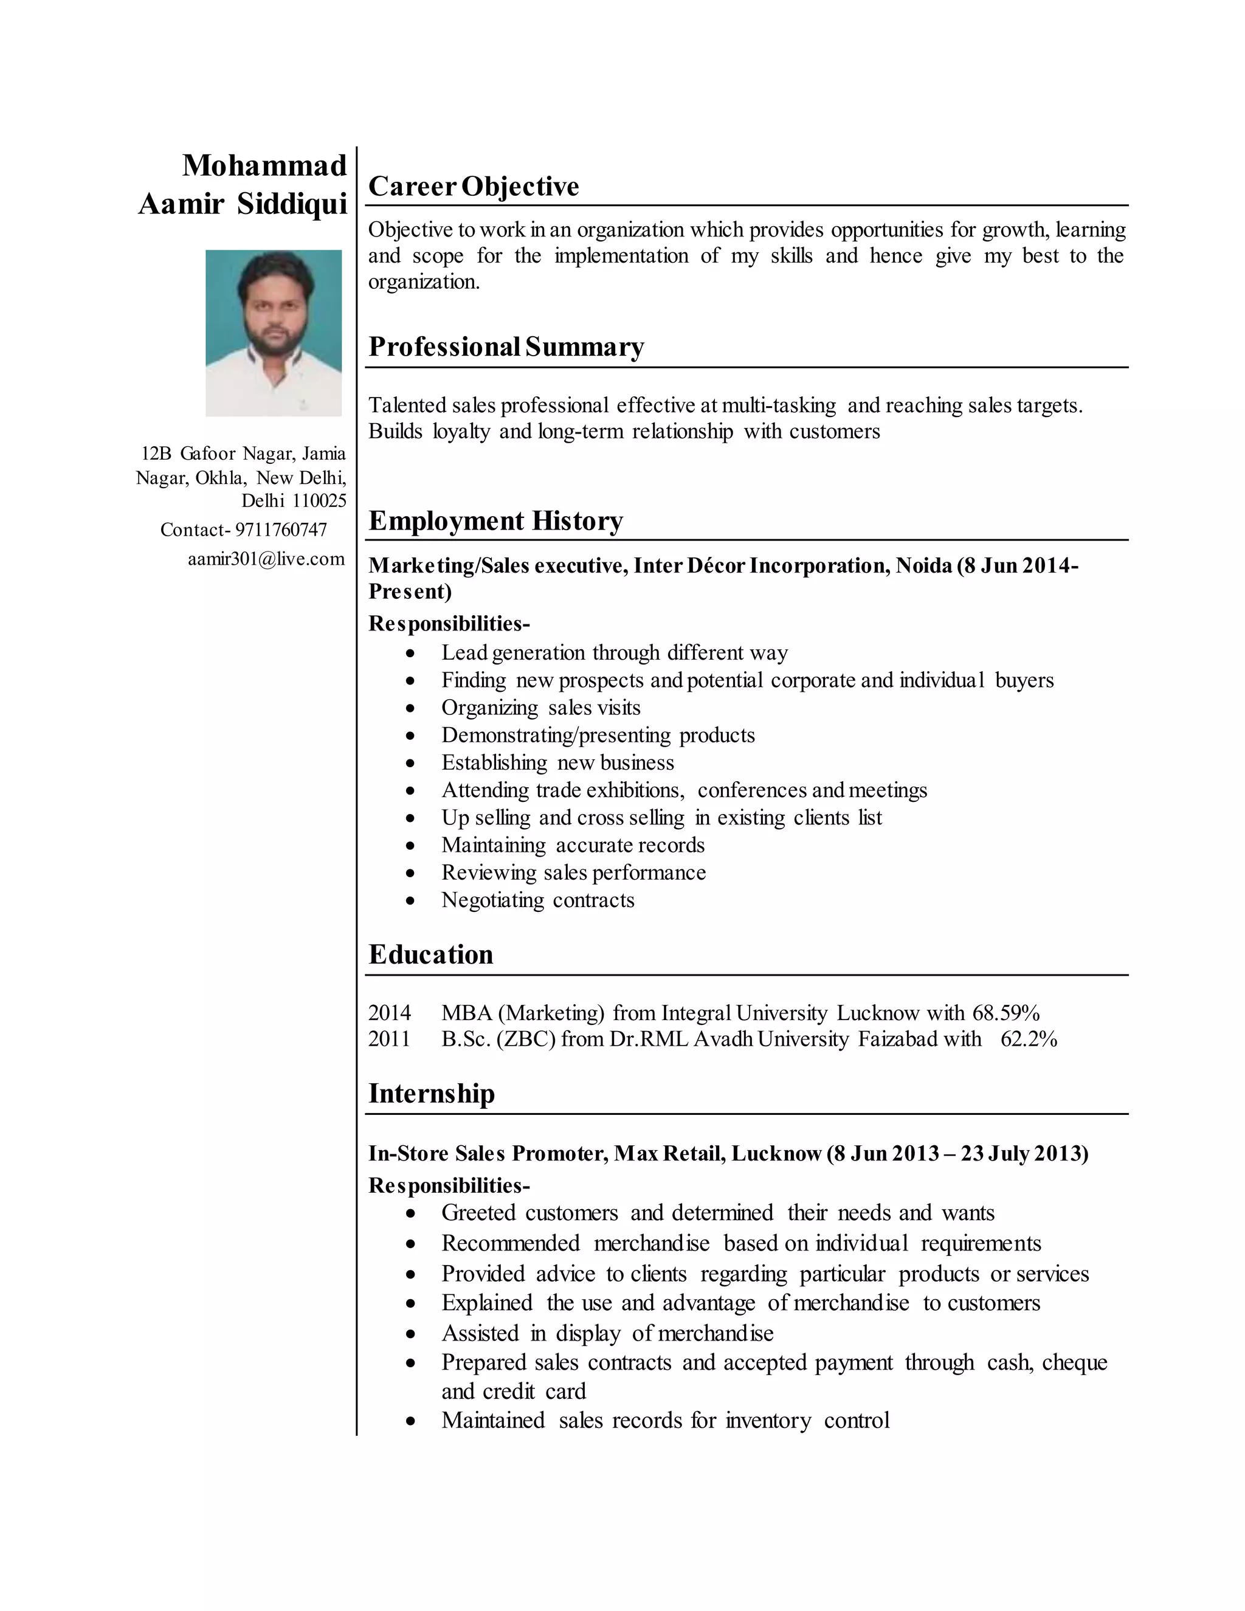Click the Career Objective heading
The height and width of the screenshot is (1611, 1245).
click(474, 187)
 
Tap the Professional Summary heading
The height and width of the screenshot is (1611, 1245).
click(506, 347)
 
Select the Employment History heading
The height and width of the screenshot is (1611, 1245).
click(495, 522)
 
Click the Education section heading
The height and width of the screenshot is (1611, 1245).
click(431, 954)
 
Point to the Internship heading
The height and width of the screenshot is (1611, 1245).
click(432, 1094)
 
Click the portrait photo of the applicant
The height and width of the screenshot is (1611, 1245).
click(273, 333)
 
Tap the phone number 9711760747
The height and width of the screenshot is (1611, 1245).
click(281, 530)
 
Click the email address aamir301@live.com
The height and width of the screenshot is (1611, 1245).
click(266, 559)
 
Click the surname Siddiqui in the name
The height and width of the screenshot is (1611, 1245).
click(292, 204)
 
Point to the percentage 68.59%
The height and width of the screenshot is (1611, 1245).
click(1005, 1013)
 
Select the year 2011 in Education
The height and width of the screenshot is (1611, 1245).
click(388, 1040)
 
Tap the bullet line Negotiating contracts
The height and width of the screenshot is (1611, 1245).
click(537, 901)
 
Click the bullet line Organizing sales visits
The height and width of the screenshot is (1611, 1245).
click(540, 708)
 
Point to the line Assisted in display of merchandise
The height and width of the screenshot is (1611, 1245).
click(607, 1334)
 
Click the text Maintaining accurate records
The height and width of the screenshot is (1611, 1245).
click(573, 846)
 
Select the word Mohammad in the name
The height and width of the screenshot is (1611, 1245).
click(264, 166)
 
